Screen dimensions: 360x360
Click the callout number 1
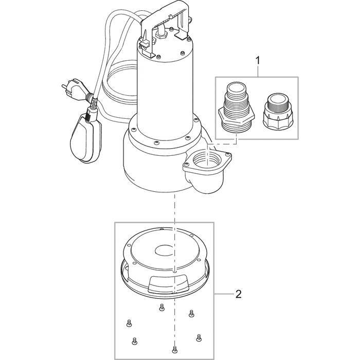[257, 61]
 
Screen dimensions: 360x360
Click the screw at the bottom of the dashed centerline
[175, 349]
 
